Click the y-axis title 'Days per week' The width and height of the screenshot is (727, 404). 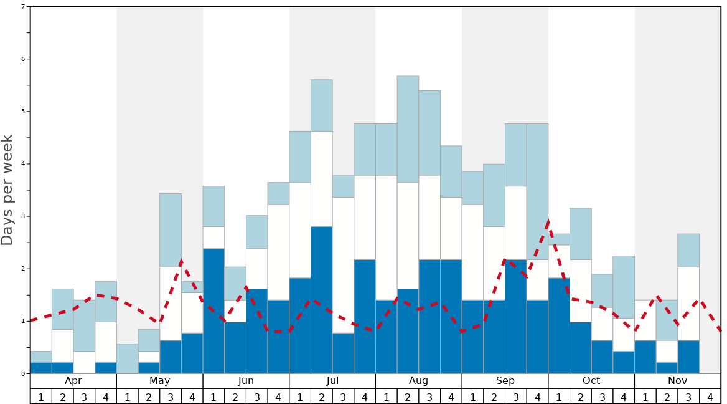7,190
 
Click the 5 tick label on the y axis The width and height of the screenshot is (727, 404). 23,112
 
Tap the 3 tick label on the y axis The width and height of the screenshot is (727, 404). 23,216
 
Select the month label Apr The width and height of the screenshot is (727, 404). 73,381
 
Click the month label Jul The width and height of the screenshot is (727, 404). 332,381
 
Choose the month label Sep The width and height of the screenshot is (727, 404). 505,381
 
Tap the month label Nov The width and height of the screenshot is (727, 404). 677,381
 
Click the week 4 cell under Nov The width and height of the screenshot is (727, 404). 710,397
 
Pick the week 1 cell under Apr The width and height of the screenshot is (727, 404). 41,397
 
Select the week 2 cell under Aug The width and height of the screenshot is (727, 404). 408,397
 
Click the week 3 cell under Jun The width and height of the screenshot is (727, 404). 256,397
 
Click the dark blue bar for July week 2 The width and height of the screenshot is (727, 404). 322,300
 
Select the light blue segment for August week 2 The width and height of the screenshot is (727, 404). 408,129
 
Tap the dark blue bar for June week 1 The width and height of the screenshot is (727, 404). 213,311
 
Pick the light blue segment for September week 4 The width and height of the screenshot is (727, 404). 537,191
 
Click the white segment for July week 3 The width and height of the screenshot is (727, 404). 343,265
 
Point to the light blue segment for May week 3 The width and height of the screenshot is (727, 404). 171,230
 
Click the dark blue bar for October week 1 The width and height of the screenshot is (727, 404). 559,325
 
